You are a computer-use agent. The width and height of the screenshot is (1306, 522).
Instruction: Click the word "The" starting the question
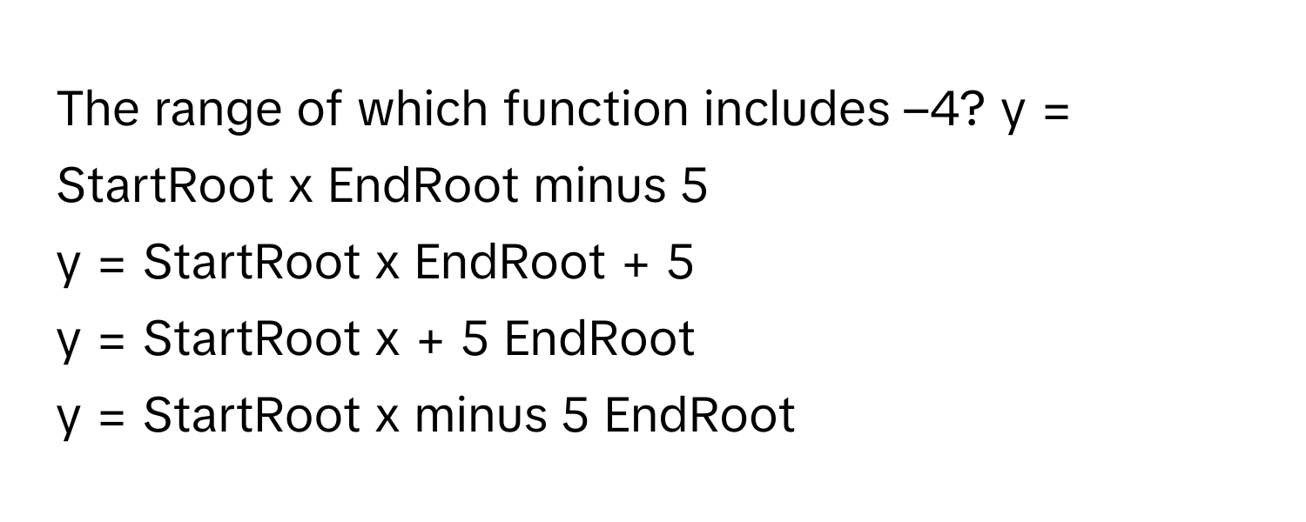coord(98,109)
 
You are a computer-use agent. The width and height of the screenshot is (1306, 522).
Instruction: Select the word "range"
coord(218,114)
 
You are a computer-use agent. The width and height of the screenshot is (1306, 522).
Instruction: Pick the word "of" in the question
coord(319,109)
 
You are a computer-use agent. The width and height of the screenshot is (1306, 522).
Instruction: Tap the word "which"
coord(422,109)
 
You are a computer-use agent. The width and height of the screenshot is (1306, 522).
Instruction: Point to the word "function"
coord(596,109)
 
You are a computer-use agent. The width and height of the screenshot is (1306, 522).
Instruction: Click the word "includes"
coord(797,109)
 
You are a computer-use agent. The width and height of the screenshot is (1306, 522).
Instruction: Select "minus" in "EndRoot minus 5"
coord(599,186)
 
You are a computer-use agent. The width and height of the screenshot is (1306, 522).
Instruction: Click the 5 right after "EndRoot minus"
coord(694,186)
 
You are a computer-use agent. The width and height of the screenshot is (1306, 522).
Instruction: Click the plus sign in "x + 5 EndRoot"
coord(430,341)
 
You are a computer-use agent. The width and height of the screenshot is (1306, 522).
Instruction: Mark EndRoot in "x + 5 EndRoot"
coord(599,338)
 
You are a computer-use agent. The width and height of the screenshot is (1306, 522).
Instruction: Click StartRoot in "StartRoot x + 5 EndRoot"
coord(252,338)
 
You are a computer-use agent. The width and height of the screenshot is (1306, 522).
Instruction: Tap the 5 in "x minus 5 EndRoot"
coord(575,416)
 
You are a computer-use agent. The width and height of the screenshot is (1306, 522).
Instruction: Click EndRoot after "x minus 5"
coord(700,415)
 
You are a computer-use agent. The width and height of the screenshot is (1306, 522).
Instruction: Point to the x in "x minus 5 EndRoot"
coord(387,419)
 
